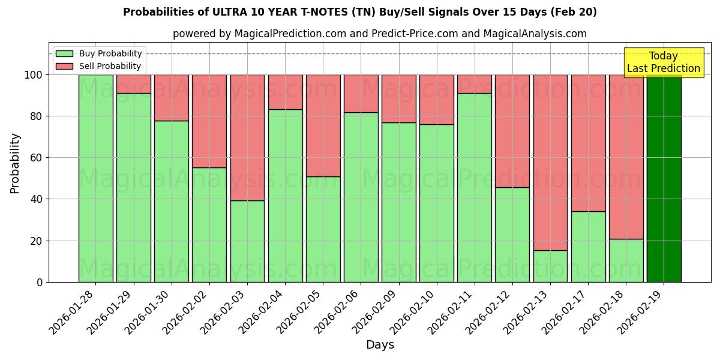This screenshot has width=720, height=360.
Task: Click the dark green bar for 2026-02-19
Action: pos(664,178)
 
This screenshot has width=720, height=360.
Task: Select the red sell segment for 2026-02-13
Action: pos(550,162)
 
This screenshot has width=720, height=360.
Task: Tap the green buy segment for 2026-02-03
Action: pos(247,241)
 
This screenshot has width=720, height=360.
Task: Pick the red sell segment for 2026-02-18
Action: pos(626,157)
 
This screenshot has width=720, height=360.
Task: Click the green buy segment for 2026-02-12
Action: pos(512,235)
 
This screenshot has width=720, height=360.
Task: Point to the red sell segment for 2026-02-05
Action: pos(323,125)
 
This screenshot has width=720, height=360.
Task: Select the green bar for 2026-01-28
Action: pos(95,178)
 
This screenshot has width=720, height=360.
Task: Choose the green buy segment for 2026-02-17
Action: pos(588,247)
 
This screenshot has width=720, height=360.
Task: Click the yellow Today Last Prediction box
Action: pos(664,62)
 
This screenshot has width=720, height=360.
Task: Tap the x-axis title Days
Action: pos(380,345)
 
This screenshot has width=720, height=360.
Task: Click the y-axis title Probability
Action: pos(15,163)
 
